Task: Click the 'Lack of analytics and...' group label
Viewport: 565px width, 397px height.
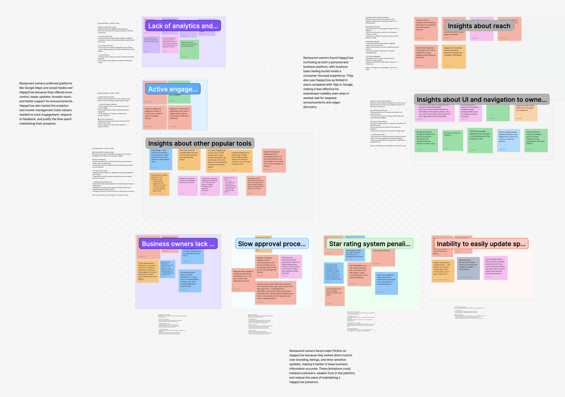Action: pyautogui.click(x=183, y=26)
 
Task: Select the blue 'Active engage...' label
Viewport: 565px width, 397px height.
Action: pyautogui.click(x=173, y=89)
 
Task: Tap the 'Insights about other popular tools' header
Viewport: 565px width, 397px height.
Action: pyautogui.click(x=200, y=143)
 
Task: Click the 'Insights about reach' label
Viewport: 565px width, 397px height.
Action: pyautogui.click(x=479, y=26)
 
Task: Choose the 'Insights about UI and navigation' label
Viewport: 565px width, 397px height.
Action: pyautogui.click(x=481, y=100)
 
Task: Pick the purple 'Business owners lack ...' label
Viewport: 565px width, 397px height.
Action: pyautogui.click(x=178, y=244)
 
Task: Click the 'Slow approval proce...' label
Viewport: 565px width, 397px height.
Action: pyautogui.click(x=271, y=244)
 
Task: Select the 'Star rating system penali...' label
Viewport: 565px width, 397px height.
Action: pyautogui.click(x=370, y=244)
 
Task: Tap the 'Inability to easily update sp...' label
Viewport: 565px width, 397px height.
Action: pyautogui.click(x=481, y=244)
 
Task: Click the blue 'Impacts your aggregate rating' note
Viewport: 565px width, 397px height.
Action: pyautogui.click(x=386, y=283)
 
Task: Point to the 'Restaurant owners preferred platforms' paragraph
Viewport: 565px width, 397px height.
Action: pyautogui.click(x=46, y=104)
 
